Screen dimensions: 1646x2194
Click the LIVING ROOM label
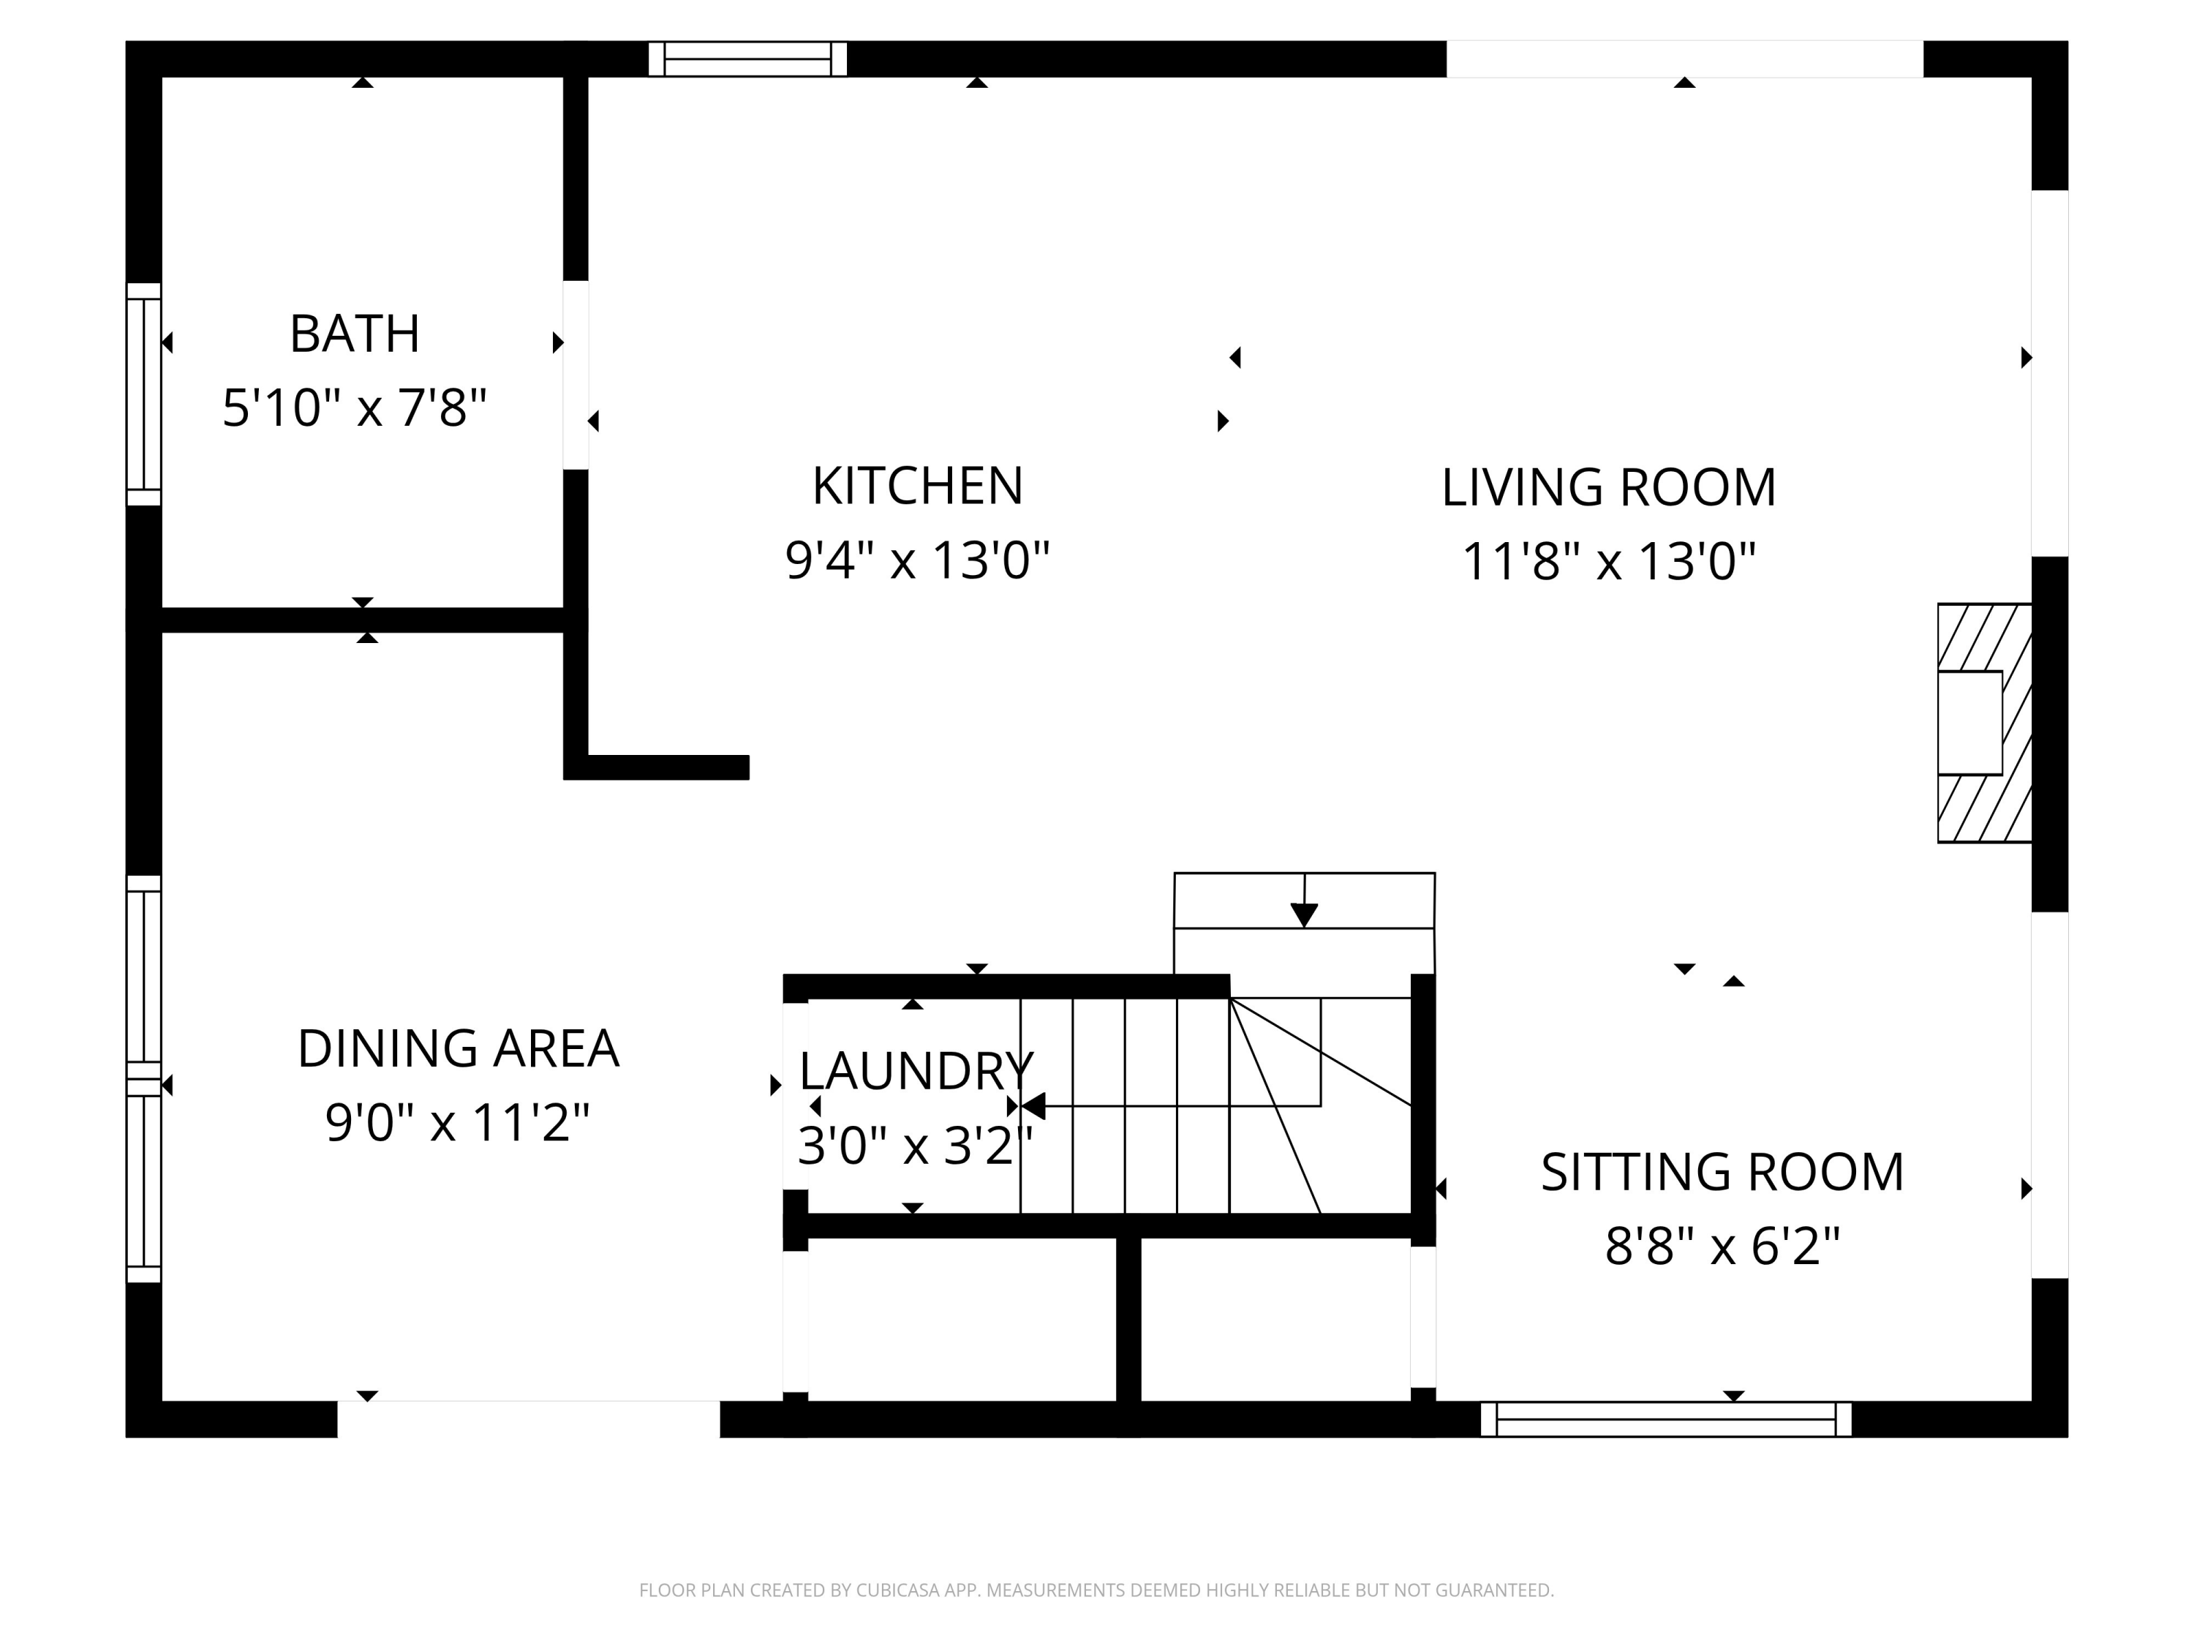pyautogui.click(x=1607, y=487)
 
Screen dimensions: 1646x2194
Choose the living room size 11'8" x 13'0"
pyautogui.click(x=1607, y=562)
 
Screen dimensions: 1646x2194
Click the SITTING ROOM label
pyautogui.click(x=1722, y=1173)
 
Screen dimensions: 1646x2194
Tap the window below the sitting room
pyautogui.click(x=1665, y=1418)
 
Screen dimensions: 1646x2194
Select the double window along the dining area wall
pyautogui.click(x=144, y=1078)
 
